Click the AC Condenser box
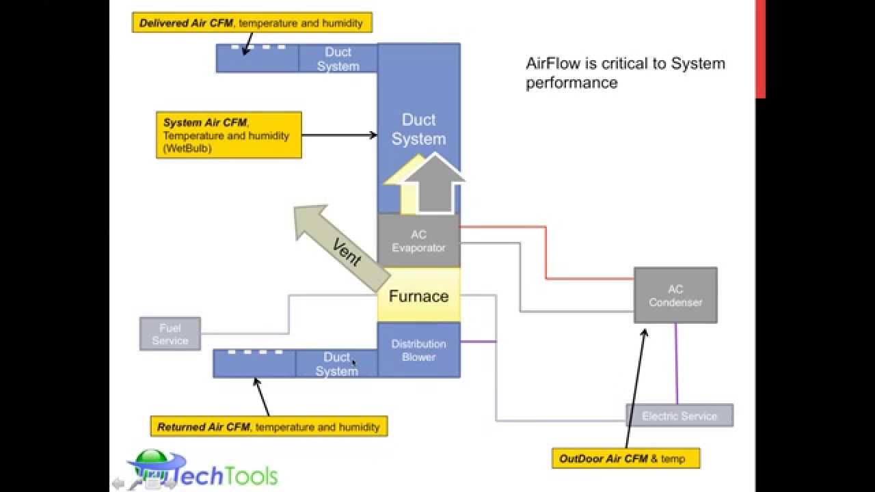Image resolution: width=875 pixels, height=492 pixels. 675,295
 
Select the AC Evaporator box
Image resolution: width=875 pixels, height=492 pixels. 418,241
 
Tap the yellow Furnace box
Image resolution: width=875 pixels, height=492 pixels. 418,296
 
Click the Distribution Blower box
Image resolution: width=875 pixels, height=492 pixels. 418,350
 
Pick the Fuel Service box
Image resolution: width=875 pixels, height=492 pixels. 170,333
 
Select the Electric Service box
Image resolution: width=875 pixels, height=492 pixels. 679,415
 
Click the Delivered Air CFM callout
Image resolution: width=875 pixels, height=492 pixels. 252,23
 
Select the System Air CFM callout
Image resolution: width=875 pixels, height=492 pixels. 229,135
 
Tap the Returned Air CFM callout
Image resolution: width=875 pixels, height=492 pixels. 269,426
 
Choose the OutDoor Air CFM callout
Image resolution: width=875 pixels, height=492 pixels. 625,459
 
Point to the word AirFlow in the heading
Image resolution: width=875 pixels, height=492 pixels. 553,64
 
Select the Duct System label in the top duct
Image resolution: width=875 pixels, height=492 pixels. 338,59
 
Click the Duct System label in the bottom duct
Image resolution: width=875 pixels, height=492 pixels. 336,364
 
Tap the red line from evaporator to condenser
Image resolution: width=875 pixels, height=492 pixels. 546,253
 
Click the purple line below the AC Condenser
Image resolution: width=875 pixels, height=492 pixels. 677,362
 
